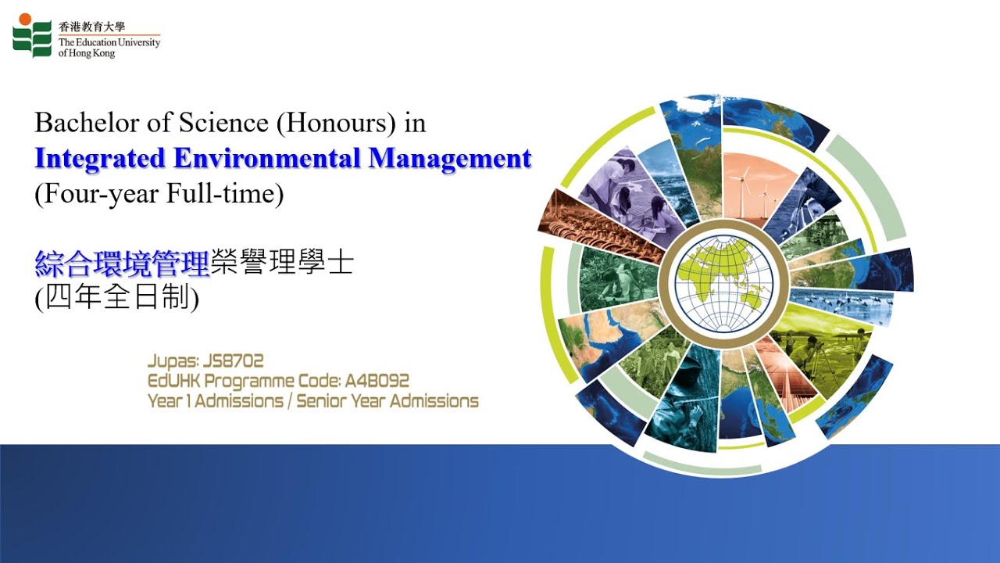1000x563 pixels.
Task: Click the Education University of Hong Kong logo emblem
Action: coord(32,35)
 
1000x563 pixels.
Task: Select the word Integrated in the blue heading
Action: coord(100,159)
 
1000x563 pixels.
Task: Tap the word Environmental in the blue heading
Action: coord(266,159)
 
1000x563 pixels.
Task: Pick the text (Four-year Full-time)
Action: coord(159,193)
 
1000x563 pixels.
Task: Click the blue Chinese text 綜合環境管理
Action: coord(123,264)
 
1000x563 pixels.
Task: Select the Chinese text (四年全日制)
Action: coord(117,299)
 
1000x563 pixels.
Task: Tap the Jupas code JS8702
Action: coord(233,361)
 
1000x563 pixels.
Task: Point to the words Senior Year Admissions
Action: coord(387,401)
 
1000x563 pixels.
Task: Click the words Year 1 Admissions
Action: coord(216,401)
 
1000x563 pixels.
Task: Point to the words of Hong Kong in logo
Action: coord(87,53)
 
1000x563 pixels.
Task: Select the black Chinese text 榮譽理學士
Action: coord(282,264)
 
